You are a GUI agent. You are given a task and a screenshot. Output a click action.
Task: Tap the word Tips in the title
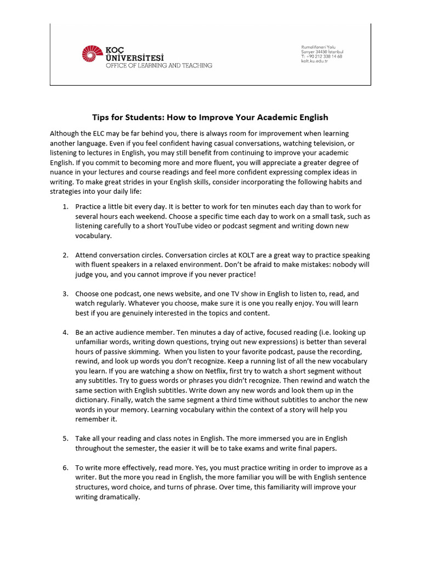[x=100, y=117]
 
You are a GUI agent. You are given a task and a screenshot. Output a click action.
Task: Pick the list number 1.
[x=65, y=206]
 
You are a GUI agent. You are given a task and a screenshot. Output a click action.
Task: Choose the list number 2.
[x=65, y=255]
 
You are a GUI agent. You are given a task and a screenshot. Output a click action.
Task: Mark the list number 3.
[x=65, y=294]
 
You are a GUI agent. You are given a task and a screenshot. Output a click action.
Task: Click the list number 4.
[x=65, y=333]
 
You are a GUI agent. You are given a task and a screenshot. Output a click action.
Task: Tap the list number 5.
[x=65, y=439]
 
